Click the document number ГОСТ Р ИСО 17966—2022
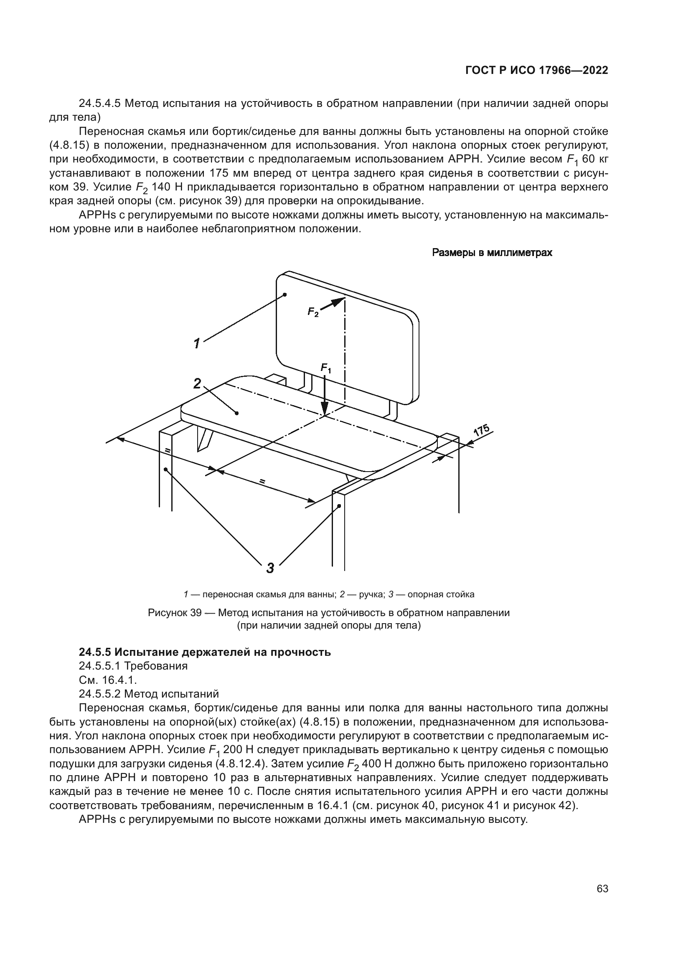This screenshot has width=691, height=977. click(536, 71)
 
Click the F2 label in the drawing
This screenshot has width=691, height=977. click(313, 312)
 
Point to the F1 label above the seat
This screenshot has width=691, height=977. click(325, 368)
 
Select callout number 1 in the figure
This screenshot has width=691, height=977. click(197, 343)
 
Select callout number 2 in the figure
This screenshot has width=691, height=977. click(197, 384)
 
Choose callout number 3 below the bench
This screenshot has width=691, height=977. click(270, 568)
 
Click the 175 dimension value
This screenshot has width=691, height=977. click(482, 431)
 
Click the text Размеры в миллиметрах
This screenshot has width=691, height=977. click(492, 253)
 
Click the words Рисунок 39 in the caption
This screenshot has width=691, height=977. click(174, 613)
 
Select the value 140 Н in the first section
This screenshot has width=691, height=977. click(168, 187)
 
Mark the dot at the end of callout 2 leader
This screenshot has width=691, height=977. click(237, 413)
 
